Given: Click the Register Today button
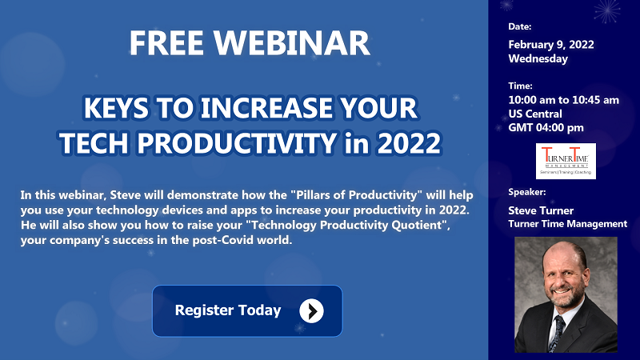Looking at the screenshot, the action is click(x=247, y=311).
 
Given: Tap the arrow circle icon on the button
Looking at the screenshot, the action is click(x=311, y=311).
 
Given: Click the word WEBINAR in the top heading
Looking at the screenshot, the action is click(x=292, y=43).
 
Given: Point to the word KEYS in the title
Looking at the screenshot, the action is click(x=116, y=108).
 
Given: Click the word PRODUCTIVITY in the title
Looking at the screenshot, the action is click(x=237, y=143).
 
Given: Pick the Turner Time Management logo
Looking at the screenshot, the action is click(x=566, y=161).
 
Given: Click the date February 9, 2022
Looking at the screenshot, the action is click(x=551, y=45).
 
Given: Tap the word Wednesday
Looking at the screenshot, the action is click(x=538, y=58).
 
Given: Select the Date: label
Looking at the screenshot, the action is click(x=519, y=26).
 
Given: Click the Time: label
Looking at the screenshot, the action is click(x=520, y=86).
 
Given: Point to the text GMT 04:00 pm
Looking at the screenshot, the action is click(x=546, y=128).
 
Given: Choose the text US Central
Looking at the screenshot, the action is click(x=535, y=114).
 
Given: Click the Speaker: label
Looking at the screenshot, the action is click(x=526, y=192).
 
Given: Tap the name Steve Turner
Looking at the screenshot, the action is click(x=541, y=210).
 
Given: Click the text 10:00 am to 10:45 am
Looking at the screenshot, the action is click(x=564, y=100).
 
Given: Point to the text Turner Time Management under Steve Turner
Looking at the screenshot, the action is click(x=568, y=224).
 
